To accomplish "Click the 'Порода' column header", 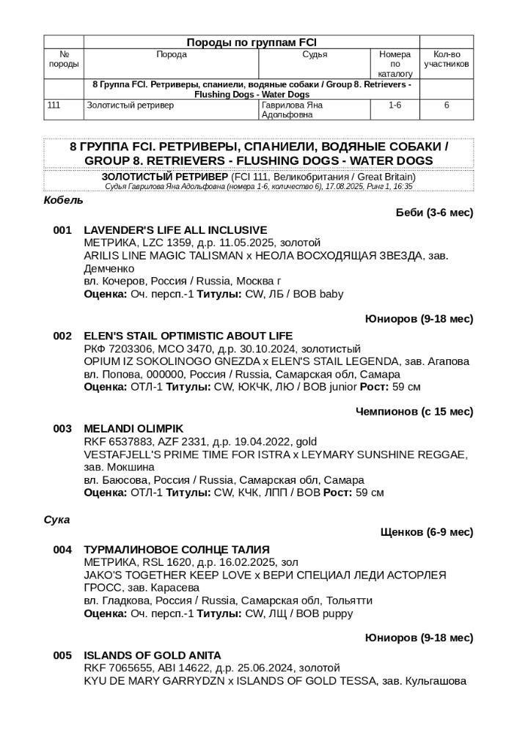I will coord(172,55).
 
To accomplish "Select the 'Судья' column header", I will coord(315,55).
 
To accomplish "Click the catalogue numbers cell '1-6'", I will coord(395,106).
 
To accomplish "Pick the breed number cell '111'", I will coord(54,106).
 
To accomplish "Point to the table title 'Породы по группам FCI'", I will coord(252,43).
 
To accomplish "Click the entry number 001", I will coord(62,230).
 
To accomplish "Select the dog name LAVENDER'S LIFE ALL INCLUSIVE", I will coord(175,230).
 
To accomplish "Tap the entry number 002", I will coord(62,336).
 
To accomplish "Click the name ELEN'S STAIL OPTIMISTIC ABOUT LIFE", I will coord(188,336).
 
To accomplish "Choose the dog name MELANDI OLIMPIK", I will coord(133,428).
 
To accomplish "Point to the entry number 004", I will coord(62,549).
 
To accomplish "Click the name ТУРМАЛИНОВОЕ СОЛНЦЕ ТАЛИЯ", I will coord(177,549).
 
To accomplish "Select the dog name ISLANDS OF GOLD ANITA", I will coord(152,655).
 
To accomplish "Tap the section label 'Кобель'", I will coord(64,200).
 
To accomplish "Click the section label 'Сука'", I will coord(57,520).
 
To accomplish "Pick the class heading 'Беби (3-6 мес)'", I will coord(434,213).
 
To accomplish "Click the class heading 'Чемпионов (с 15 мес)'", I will coord(414,411).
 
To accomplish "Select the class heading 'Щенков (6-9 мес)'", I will coord(427,532).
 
